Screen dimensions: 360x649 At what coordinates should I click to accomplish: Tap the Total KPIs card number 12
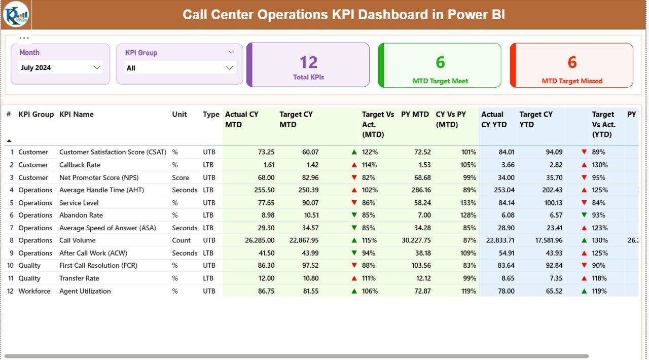tap(308, 62)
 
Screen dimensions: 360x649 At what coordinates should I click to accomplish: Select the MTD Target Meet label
tap(440, 81)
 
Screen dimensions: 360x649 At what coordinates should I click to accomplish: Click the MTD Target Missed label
tap(572, 81)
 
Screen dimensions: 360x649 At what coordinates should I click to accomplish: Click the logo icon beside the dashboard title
tap(16, 14)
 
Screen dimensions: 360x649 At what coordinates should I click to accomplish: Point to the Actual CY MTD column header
tap(242, 120)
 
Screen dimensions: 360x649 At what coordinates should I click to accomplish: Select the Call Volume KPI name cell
tap(77, 240)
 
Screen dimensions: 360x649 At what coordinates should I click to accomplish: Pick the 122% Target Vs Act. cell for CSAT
tap(370, 152)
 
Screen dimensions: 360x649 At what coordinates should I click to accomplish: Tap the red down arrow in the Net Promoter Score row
tap(354, 177)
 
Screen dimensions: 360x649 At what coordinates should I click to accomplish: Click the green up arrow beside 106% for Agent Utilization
tap(354, 291)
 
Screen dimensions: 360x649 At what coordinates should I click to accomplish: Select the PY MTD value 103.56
tap(418, 266)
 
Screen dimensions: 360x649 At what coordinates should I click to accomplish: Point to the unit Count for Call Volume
tap(181, 240)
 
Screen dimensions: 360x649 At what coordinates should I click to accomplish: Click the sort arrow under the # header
tap(9, 140)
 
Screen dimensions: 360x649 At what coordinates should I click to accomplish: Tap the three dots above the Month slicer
tap(24, 38)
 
